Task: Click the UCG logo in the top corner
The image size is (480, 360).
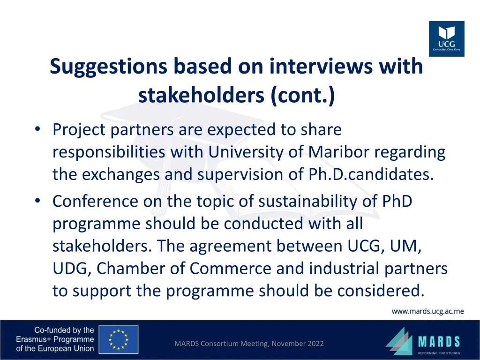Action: (x=446, y=39)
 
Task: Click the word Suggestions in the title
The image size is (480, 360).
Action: (x=108, y=67)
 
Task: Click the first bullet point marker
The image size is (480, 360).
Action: (x=37, y=129)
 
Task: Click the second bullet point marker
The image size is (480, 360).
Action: (x=37, y=201)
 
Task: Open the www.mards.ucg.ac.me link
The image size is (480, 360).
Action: (x=427, y=311)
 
